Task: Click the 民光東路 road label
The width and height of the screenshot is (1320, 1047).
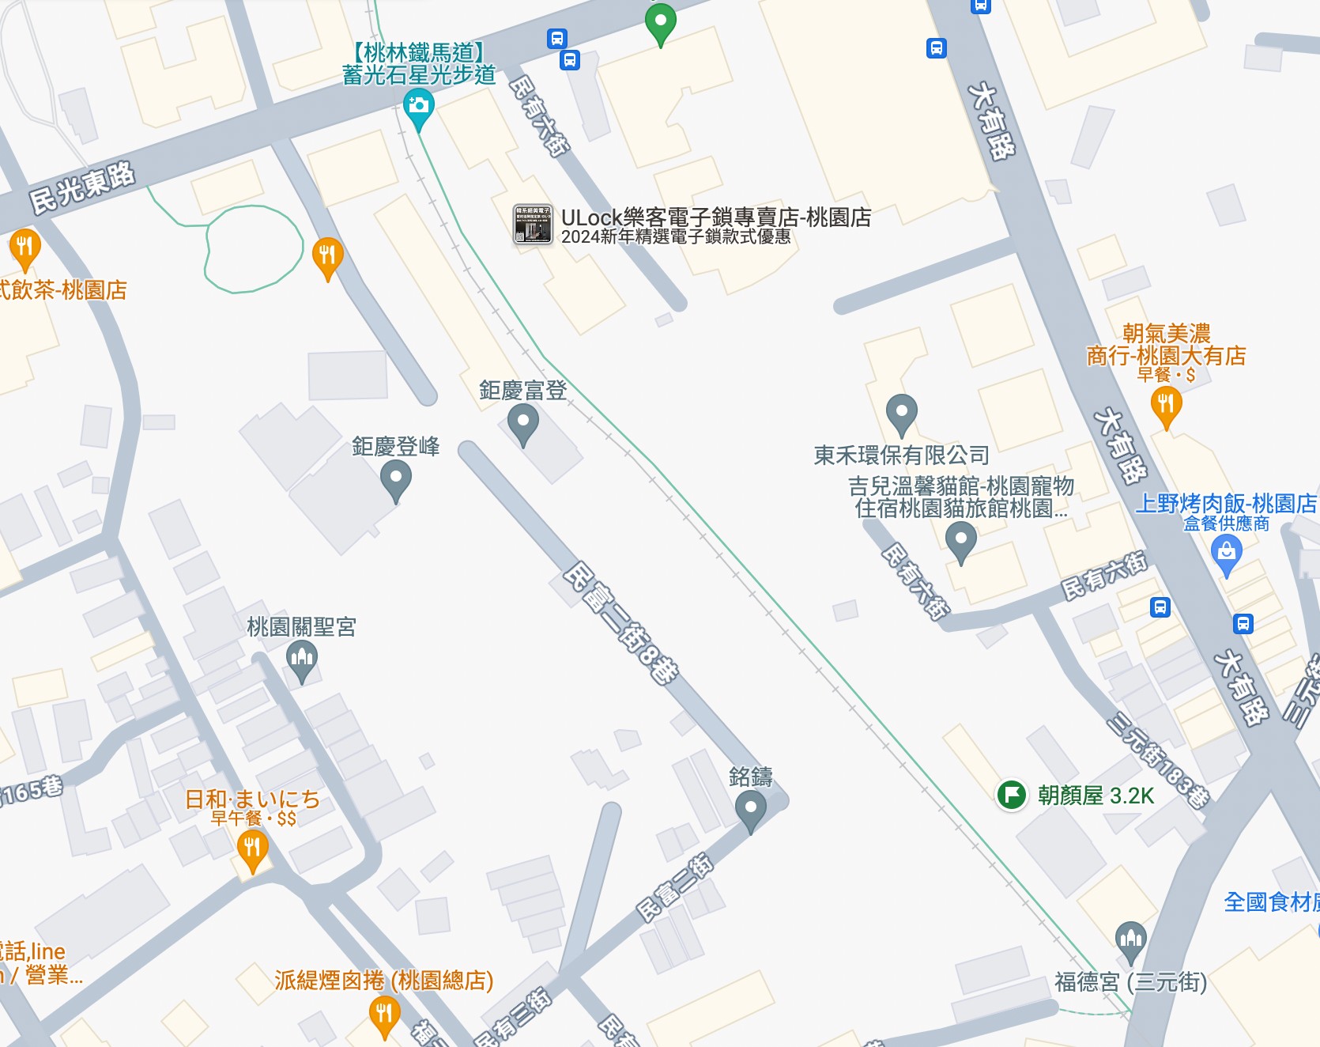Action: click(82, 187)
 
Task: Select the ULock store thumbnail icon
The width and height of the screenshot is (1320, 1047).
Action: click(533, 224)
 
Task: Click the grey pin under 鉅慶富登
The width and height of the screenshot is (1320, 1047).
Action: click(522, 423)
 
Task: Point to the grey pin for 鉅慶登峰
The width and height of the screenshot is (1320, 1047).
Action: click(396, 479)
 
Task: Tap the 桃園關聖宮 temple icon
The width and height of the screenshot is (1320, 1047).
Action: click(301, 659)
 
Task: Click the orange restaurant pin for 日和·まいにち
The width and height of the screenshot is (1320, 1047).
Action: click(252, 850)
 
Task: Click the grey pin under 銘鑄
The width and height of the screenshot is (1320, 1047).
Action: click(750, 810)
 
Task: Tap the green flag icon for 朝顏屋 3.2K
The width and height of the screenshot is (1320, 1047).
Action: click(1012, 795)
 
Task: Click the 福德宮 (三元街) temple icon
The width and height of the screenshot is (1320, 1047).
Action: click(1130, 940)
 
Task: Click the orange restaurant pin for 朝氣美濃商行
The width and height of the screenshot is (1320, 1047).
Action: click(1166, 406)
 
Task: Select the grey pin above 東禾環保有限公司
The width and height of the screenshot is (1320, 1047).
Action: click(901, 413)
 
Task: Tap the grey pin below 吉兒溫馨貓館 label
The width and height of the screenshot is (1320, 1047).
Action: click(960, 541)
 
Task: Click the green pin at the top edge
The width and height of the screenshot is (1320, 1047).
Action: click(660, 22)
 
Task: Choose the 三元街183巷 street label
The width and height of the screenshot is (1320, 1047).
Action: click(1159, 760)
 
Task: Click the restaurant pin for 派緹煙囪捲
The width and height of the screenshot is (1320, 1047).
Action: click(384, 1015)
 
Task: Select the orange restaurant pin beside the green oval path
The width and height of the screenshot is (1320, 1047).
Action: click(327, 256)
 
